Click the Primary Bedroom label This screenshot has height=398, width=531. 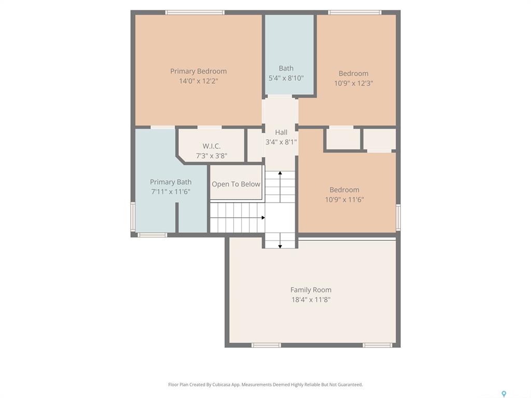[x=199, y=71]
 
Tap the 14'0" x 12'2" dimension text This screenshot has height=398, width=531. [x=199, y=81]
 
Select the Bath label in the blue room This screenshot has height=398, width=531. [x=286, y=68]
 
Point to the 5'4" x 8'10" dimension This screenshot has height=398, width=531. [x=286, y=78]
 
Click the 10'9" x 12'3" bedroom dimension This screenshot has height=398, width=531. [x=354, y=83]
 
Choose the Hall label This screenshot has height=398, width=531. [x=281, y=132]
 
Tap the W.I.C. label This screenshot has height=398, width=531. [x=212, y=146]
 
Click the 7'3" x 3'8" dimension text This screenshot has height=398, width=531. [x=212, y=156]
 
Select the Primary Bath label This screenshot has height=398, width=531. [x=171, y=182]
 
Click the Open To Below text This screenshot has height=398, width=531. [x=236, y=184]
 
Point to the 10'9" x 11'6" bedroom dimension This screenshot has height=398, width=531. [x=344, y=200]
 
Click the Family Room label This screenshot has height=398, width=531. [x=311, y=290]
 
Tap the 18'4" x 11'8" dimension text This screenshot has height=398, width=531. [x=311, y=300]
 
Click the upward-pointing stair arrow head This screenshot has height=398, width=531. [x=280, y=173]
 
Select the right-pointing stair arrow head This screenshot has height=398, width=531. [x=263, y=218]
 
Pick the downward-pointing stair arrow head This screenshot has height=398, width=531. [x=280, y=246]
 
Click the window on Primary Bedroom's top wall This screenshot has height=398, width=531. [x=195, y=12]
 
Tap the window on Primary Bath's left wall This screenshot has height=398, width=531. [x=133, y=217]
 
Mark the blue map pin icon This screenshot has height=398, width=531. [x=504, y=394]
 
